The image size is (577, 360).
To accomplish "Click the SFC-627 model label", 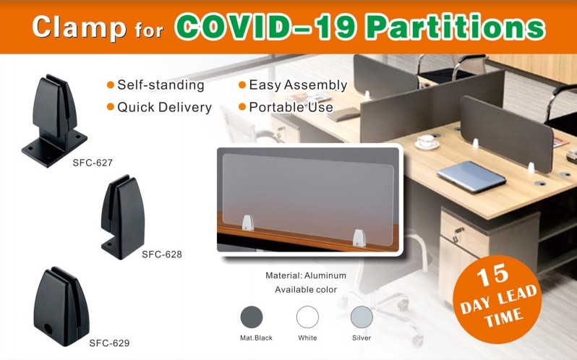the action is click(93, 163).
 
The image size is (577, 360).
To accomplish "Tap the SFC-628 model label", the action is click(162, 254).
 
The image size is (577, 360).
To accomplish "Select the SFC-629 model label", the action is click(109, 343).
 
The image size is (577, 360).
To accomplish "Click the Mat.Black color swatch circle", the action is click(252, 317).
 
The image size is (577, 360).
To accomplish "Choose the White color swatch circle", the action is click(307, 317).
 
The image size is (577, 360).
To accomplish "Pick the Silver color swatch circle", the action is click(362, 317).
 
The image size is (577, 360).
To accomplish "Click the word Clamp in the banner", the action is click(79, 27).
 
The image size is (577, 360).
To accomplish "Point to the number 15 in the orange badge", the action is click(492, 275).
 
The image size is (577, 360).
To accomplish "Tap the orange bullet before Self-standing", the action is click(111, 85).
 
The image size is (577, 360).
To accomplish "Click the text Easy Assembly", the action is click(298, 85).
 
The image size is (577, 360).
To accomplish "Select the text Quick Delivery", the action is click(164, 108).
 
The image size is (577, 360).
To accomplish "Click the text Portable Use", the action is click(291, 108).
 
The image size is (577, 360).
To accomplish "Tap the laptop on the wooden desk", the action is click(471, 176).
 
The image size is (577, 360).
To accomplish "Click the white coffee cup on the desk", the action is click(427, 142).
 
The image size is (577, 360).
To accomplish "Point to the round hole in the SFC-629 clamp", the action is click(48, 328).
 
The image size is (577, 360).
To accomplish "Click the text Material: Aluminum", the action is click(306, 275).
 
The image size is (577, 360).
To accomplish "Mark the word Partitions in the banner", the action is click(456, 27).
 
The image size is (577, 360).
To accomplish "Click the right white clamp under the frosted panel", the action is click(359, 238).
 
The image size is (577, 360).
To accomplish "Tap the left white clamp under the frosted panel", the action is click(248, 223).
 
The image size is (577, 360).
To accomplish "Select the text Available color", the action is click(306, 290).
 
